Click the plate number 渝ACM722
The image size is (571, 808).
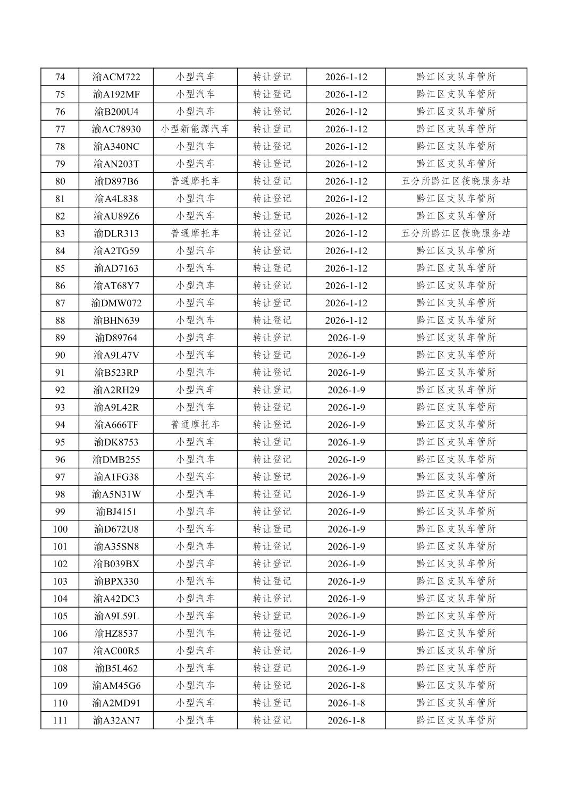pyautogui.click(x=116, y=77)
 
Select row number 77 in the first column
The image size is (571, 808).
pyautogui.click(x=60, y=129)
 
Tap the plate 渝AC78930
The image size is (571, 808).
pyautogui.click(x=116, y=129)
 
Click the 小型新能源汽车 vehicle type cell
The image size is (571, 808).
pyautogui.click(x=195, y=129)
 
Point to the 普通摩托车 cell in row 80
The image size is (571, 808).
pyautogui.click(x=195, y=181)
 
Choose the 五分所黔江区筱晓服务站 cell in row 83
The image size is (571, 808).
pyautogui.click(x=456, y=233)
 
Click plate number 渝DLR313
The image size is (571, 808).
pyautogui.click(x=116, y=233)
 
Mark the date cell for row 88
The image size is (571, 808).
pyautogui.click(x=346, y=320)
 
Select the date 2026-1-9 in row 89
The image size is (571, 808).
pyautogui.click(x=346, y=338)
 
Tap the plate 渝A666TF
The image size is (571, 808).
pyautogui.click(x=116, y=425)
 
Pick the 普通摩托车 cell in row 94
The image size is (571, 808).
pyautogui.click(x=195, y=425)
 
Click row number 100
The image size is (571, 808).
pyautogui.click(x=60, y=529)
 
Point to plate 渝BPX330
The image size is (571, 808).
pyautogui.click(x=116, y=581)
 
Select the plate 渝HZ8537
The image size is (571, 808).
pyautogui.click(x=116, y=633)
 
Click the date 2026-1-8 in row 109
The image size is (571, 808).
pyautogui.click(x=346, y=685)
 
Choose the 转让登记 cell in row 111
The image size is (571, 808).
pyautogui.click(x=272, y=720)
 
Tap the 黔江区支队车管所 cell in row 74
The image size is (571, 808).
pyautogui.click(x=456, y=77)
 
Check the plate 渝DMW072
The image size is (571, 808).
pyautogui.click(x=116, y=303)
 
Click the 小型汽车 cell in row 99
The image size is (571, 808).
pyautogui.click(x=195, y=511)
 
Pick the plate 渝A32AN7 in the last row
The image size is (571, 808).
pyautogui.click(x=116, y=720)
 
